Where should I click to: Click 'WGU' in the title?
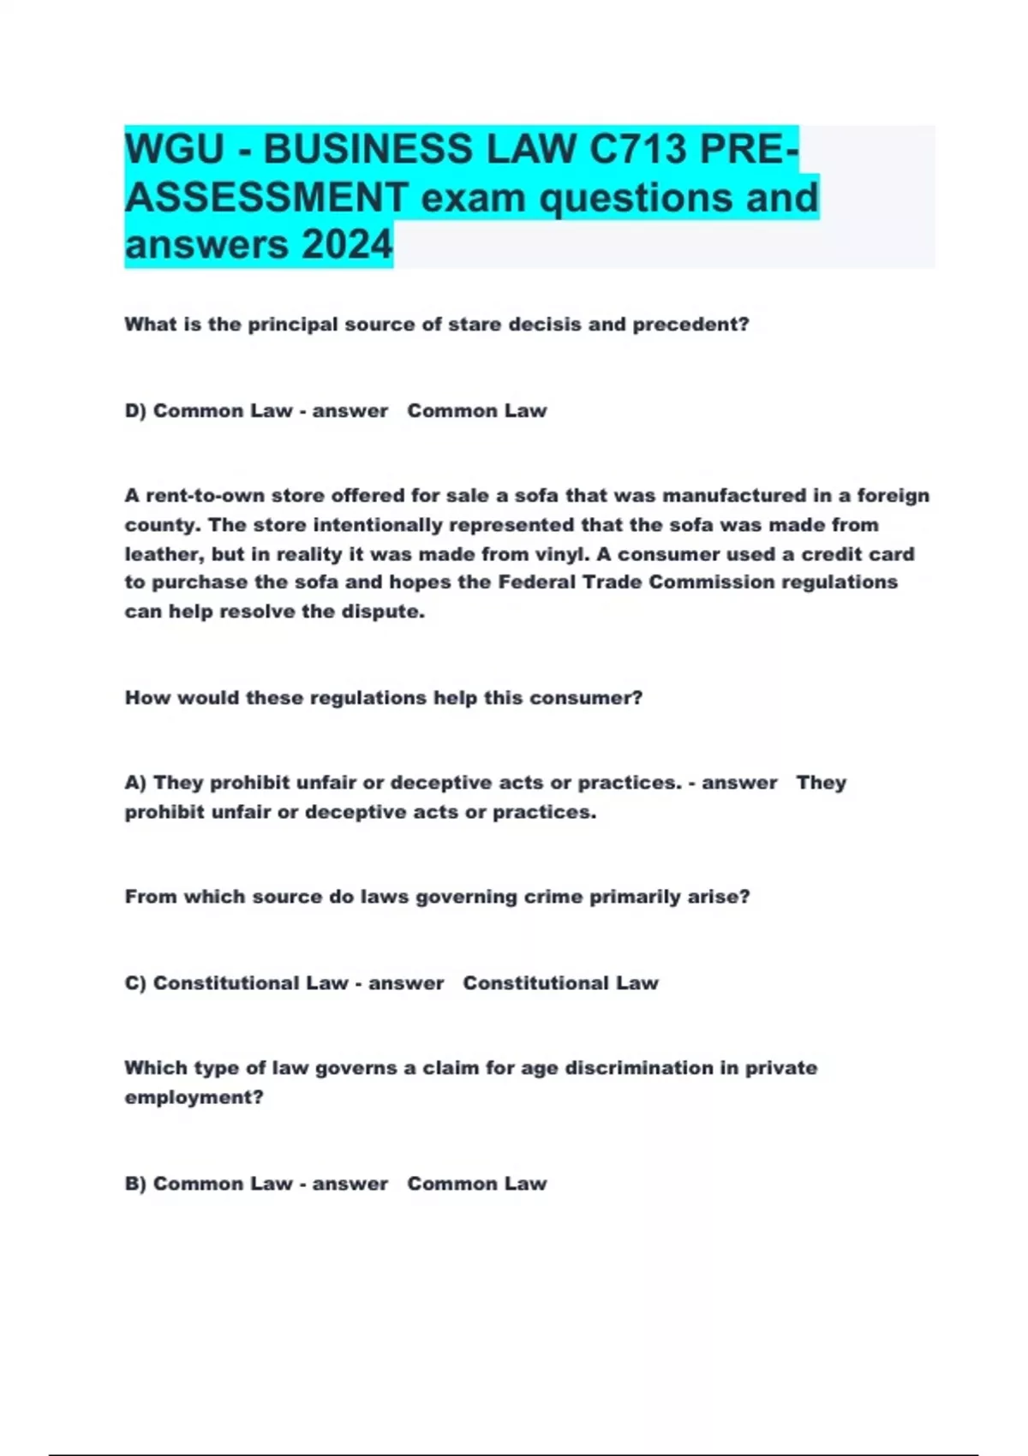pyautogui.click(x=174, y=149)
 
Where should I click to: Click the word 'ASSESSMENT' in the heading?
pyautogui.click(x=266, y=197)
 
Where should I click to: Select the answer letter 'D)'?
pyautogui.click(x=136, y=411)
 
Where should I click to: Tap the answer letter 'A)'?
pyautogui.click(x=136, y=783)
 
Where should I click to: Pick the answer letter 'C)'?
pyautogui.click(x=136, y=983)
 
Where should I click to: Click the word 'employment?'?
pyautogui.click(x=194, y=1097)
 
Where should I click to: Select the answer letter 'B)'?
pyautogui.click(x=136, y=1184)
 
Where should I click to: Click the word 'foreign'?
pyautogui.click(x=894, y=496)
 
